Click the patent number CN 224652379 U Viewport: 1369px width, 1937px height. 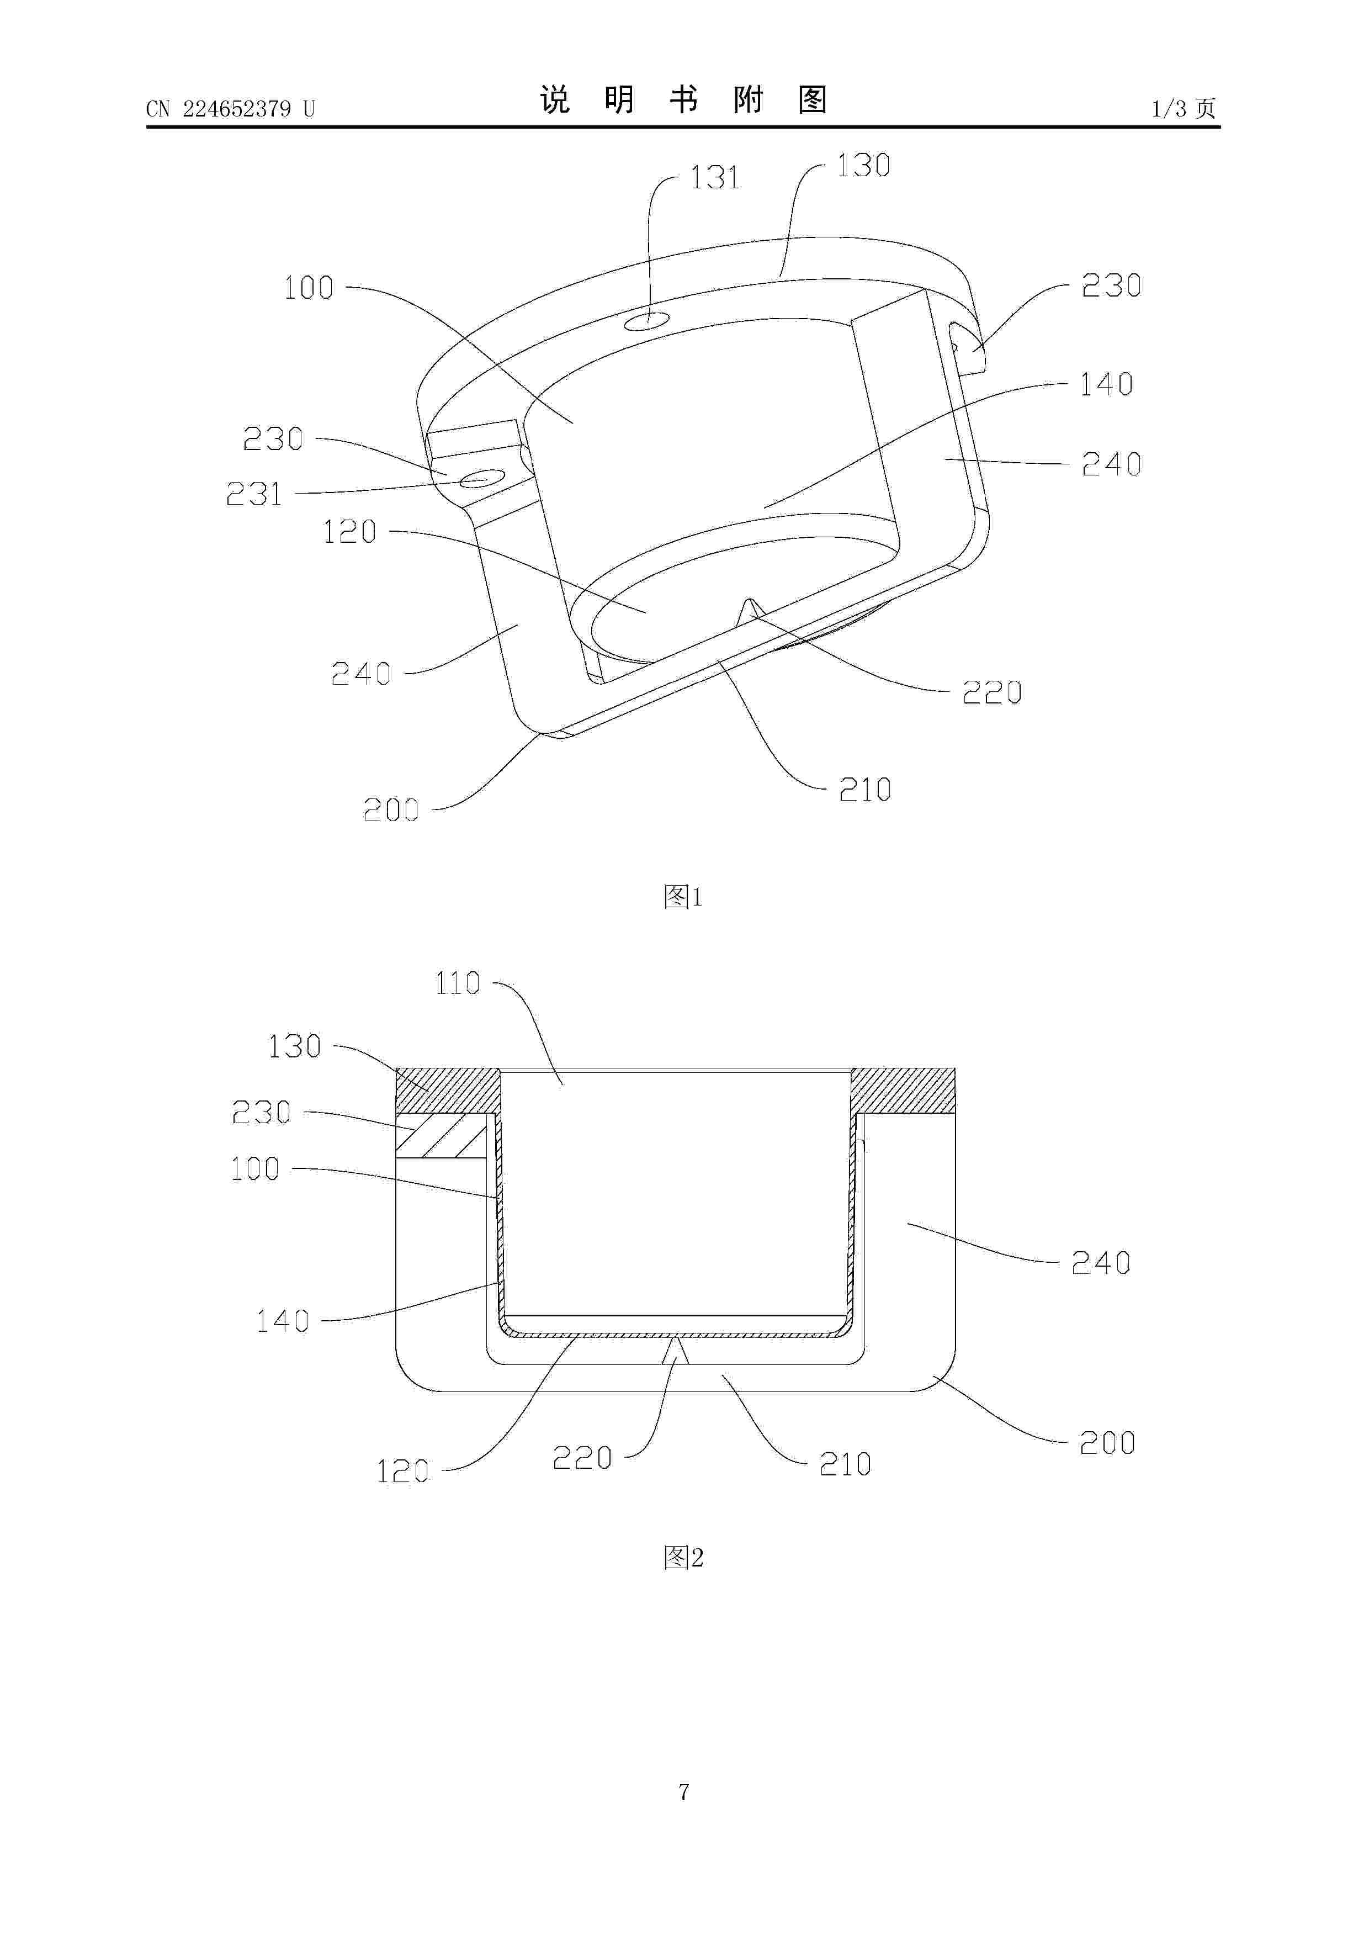tap(230, 109)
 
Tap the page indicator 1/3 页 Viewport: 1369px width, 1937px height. tap(1184, 108)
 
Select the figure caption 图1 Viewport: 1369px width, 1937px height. tap(683, 896)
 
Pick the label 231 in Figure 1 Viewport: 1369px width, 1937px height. tap(254, 494)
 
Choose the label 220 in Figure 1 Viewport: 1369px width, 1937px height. tap(992, 692)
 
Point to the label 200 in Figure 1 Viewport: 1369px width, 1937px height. tap(390, 810)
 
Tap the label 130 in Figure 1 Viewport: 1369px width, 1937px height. tap(863, 165)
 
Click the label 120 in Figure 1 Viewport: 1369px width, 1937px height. tap(349, 532)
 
